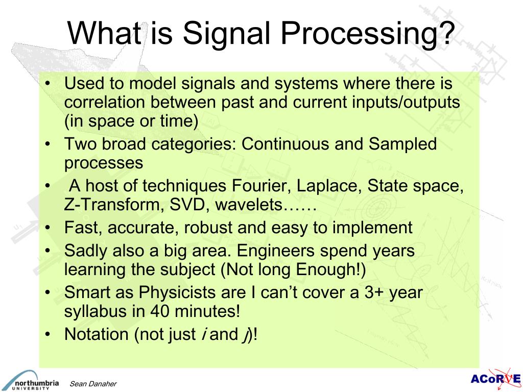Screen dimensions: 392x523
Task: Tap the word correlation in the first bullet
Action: coord(104,103)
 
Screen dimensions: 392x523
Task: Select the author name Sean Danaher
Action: coord(93,384)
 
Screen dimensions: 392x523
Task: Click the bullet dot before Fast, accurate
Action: coord(47,228)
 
